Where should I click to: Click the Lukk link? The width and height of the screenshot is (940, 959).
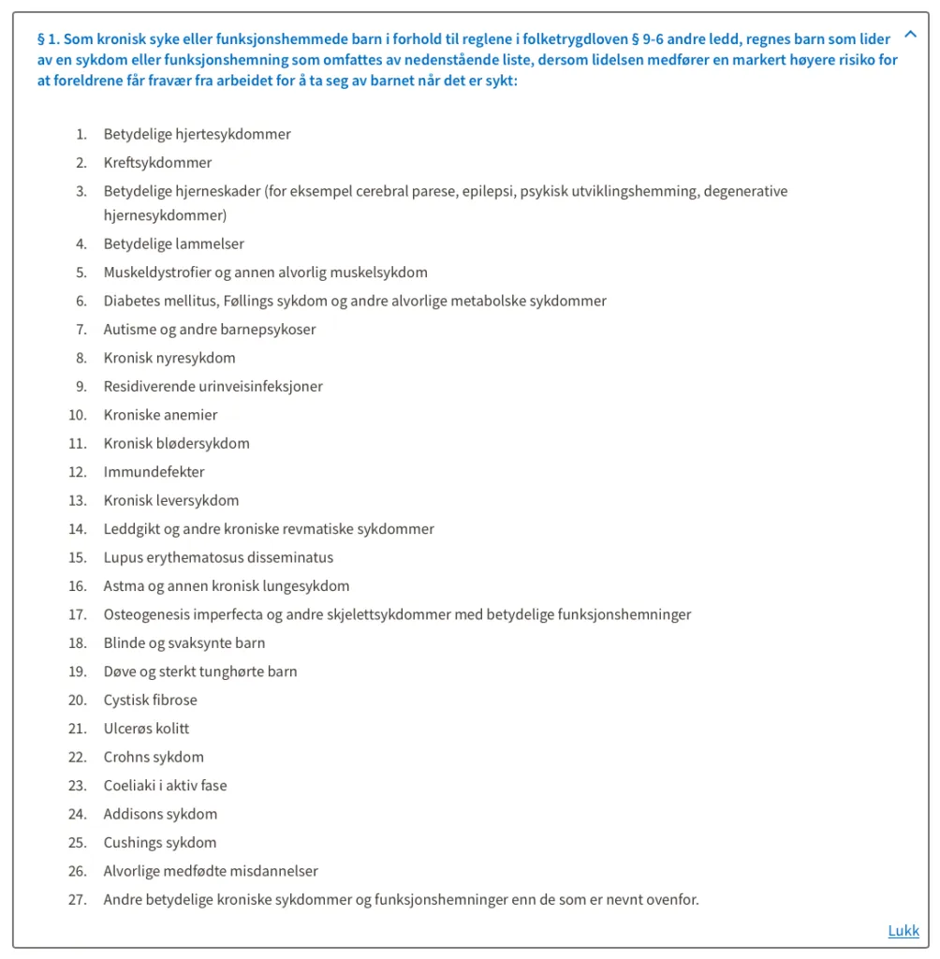(903, 930)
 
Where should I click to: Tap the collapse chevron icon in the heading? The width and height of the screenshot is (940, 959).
(910, 36)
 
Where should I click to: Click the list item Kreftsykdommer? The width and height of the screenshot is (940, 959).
(157, 163)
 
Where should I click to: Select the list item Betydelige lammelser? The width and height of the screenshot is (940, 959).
(173, 243)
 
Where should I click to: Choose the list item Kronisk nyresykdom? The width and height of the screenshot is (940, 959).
(169, 358)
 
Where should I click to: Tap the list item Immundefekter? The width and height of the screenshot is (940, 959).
(154, 472)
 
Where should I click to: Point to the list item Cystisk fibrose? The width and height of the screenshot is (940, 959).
(150, 700)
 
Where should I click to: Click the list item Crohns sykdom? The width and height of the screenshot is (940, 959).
(153, 757)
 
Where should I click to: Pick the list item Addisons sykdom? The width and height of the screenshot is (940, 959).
(160, 814)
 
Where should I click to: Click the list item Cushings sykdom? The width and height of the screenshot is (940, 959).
(159, 842)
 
